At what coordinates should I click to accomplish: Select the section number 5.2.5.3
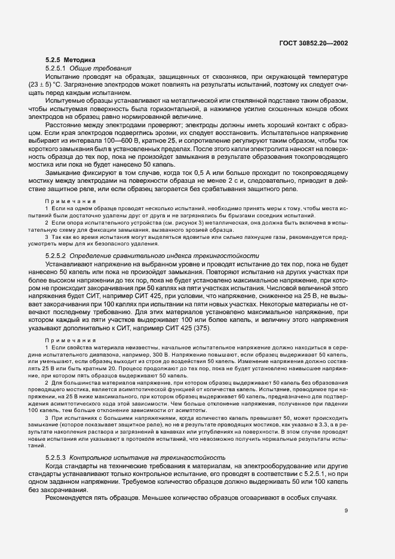click(x=57, y=440)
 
